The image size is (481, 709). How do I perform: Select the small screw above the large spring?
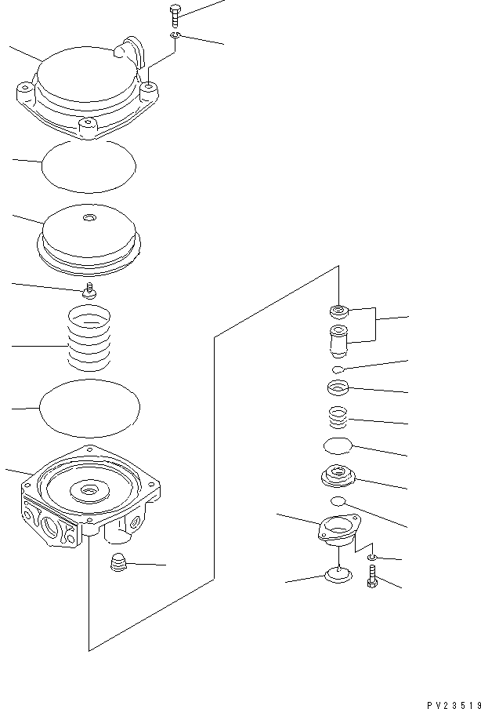89,291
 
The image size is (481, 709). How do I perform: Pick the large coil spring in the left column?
89,340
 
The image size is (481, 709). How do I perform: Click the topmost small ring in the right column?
338,311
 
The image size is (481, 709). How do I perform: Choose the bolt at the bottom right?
371,582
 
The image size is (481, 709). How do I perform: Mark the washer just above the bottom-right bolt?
372,557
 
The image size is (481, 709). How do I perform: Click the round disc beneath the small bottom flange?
337,578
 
